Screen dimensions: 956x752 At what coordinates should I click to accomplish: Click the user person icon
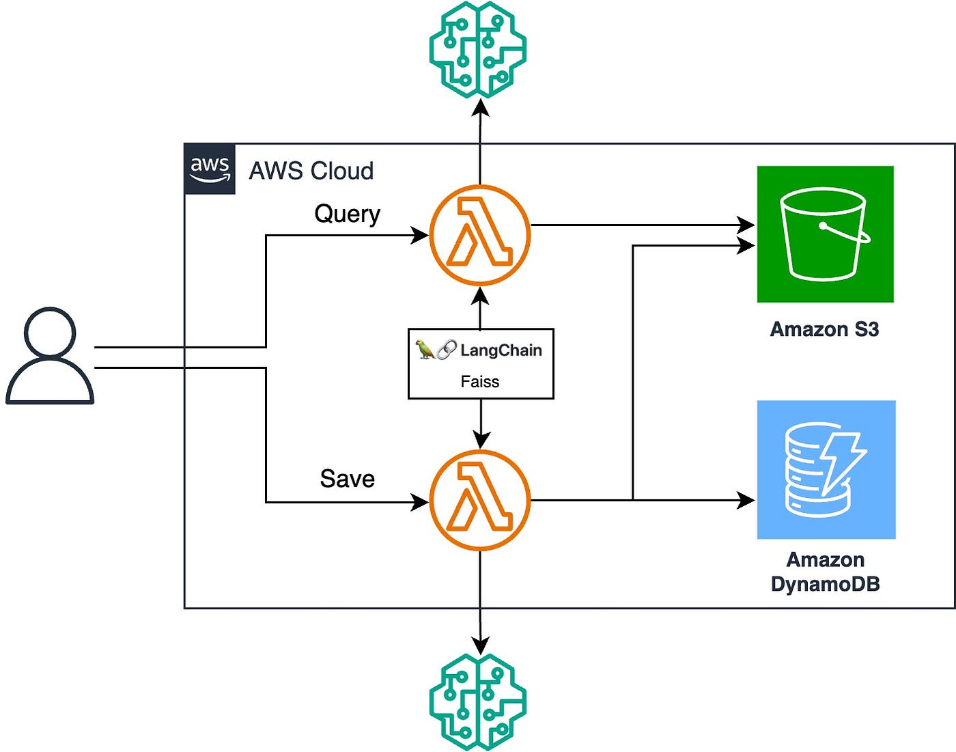[x=50, y=356]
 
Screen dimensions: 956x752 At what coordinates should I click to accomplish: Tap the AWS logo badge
[x=210, y=169]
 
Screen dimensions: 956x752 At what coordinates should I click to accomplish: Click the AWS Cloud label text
[x=311, y=171]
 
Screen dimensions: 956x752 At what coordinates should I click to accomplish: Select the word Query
[x=348, y=214]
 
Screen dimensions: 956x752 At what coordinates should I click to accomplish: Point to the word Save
[x=348, y=479]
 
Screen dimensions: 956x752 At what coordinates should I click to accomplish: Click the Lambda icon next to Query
[x=480, y=235]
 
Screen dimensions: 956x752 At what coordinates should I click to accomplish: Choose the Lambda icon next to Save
[x=480, y=500]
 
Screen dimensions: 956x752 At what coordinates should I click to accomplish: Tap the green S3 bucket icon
[x=826, y=234]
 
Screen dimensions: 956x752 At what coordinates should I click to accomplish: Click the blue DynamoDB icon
[x=826, y=470]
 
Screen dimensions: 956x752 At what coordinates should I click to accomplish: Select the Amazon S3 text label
[x=824, y=329]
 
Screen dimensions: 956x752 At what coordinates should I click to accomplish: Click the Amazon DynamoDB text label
[x=826, y=572]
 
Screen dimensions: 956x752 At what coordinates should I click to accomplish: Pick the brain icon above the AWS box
[x=478, y=49]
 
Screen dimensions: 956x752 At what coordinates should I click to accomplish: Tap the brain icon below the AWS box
[x=478, y=701]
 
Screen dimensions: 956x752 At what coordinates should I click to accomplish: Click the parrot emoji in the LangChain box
[x=425, y=349]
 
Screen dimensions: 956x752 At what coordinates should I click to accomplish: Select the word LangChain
[x=501, y=350]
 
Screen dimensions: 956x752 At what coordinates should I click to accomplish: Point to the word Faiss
[x=480, y=382]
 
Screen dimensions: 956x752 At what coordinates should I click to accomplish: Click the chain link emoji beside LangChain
[x=447, y=349]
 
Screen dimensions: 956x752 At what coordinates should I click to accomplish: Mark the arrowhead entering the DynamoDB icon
[x=746, y=500]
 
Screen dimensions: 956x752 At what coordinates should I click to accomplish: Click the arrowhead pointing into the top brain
[x=480, y=109]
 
